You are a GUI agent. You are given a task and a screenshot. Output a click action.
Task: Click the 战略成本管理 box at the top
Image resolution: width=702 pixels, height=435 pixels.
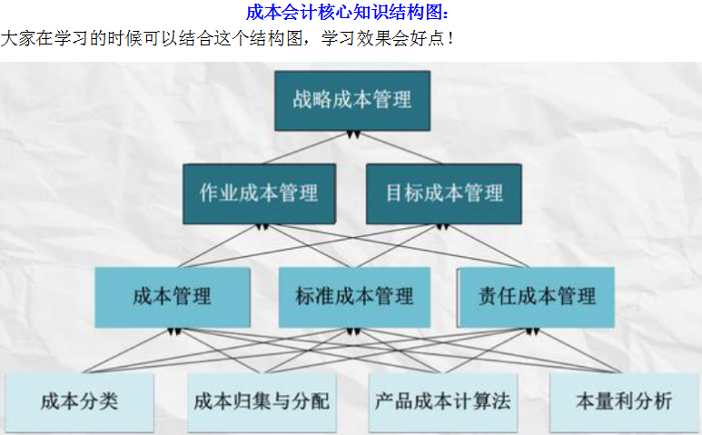point(351,99)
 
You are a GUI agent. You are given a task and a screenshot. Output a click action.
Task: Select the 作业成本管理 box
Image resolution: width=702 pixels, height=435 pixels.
point(259,193)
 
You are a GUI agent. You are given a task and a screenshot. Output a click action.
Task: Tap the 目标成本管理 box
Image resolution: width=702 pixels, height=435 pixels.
point(443,193)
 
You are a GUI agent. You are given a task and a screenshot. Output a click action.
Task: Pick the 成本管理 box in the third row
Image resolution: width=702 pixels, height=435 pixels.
point(172,296)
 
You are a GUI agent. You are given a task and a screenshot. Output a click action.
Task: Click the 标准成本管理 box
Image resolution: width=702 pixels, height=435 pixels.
point(354,296)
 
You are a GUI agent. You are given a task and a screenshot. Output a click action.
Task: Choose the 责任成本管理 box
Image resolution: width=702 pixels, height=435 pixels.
point(536,296)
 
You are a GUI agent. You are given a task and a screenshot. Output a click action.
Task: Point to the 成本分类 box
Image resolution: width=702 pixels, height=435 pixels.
point(79,400)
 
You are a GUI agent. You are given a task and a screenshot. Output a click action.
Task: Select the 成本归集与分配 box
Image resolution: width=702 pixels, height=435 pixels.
point(261,400)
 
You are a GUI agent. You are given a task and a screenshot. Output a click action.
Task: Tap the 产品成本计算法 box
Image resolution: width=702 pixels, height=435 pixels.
point(442,400)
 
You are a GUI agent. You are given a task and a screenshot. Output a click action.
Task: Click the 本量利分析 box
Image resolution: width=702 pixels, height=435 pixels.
point(624,400)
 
